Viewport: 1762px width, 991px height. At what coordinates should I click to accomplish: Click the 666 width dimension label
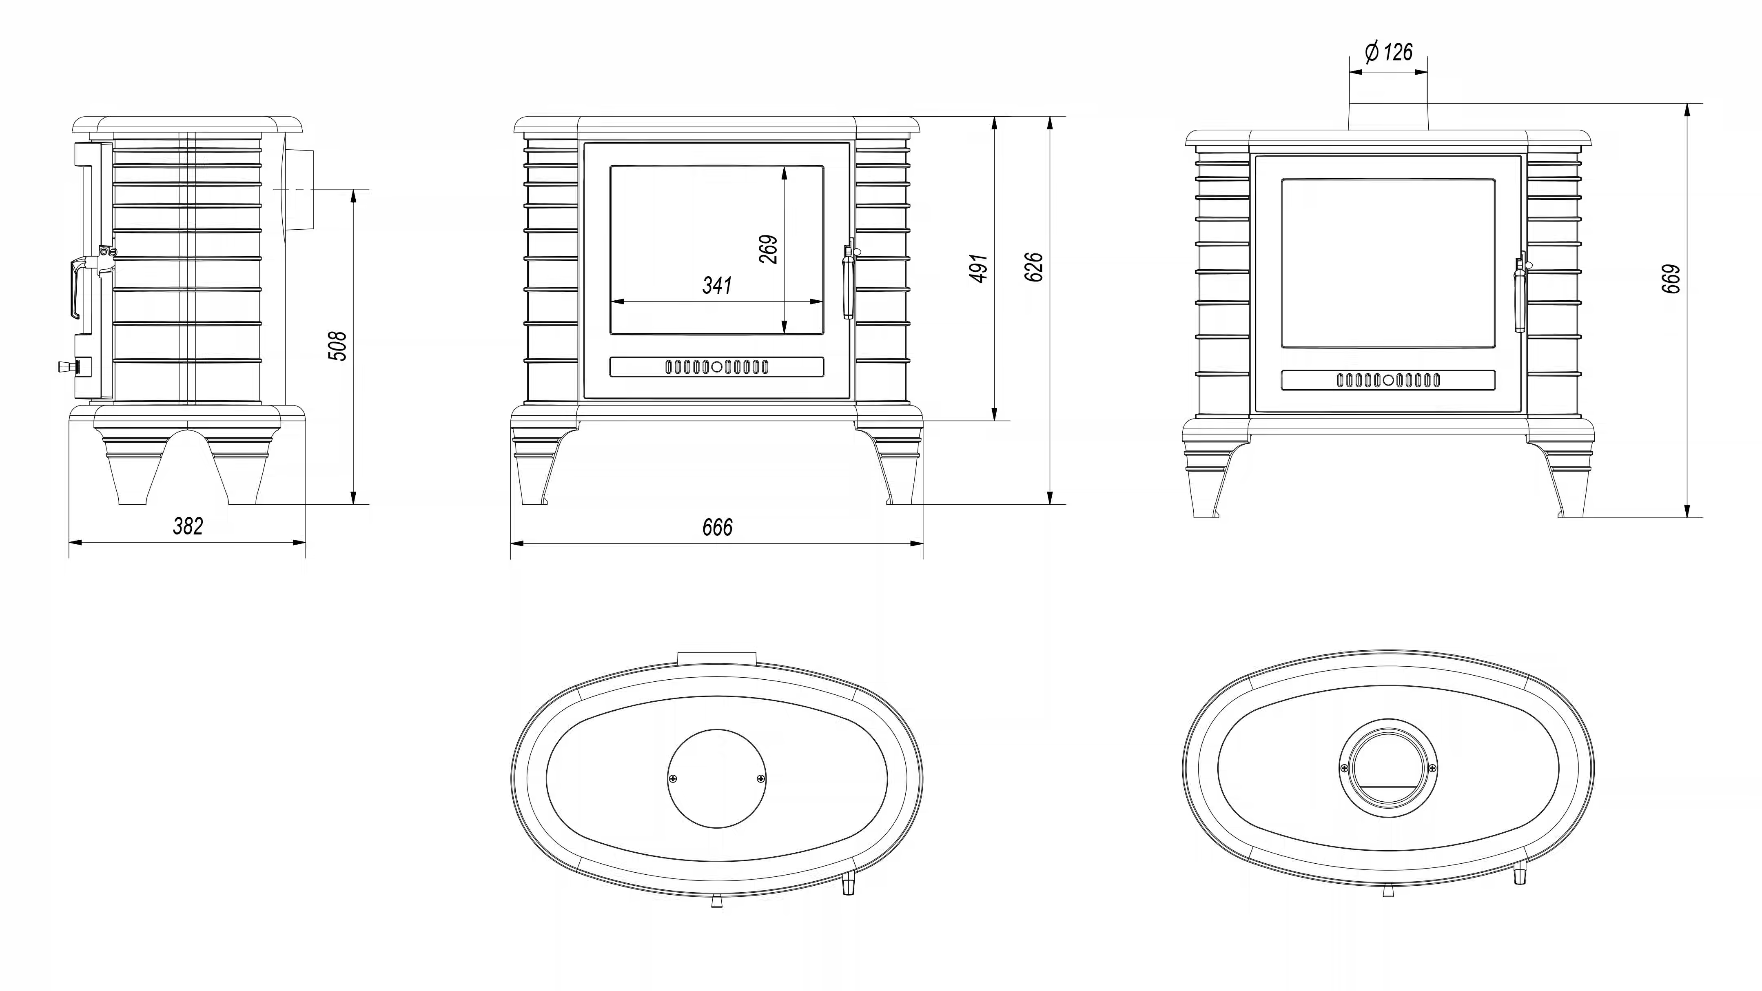tap(717, 527)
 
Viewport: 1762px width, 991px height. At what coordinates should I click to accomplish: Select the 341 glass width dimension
tap(717, 285)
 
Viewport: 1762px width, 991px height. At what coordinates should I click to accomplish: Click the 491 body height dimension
tap(979, 268)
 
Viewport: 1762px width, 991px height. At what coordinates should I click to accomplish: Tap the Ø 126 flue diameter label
tap(1389, 52)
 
